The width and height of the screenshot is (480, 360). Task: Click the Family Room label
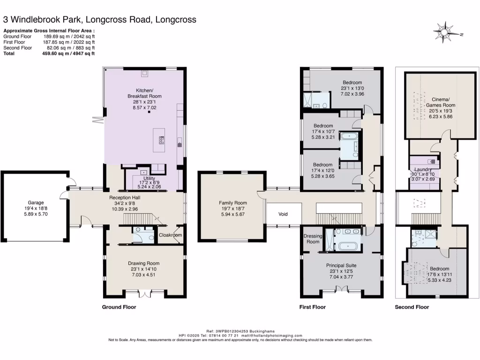click(x=232, y=203)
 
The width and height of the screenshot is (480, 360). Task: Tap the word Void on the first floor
click(x=283, y=214)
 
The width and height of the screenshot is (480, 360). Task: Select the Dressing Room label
click(x=313, y=239)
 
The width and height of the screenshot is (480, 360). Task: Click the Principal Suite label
click(x=342, y=265)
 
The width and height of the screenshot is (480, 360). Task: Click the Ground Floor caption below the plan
click(x=119, y=307)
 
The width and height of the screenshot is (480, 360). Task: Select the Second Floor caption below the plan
click(x=412, y=307)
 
